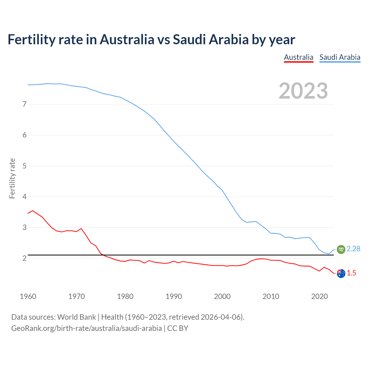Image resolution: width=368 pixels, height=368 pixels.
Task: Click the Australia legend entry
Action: (298, 57)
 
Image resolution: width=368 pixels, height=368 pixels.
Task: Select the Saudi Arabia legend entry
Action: (340, 57)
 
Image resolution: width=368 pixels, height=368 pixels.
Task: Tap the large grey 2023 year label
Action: (303, 91)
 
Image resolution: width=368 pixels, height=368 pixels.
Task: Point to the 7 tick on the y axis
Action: (24, 104)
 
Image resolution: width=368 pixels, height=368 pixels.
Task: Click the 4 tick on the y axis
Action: (24, 197)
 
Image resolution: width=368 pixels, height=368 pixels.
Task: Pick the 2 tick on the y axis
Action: (24, 258)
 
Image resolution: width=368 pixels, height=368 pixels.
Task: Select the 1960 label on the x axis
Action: (28, 296)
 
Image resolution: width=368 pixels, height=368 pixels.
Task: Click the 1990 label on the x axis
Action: (174, 296)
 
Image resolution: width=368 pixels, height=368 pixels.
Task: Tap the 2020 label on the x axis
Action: (319, 296)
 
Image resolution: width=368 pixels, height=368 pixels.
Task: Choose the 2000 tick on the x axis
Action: (222, 296)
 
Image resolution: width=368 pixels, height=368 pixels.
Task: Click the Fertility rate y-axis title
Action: (12, 178)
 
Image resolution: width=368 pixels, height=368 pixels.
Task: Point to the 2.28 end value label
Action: (353, 249)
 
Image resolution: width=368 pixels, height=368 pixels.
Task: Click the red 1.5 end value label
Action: (351, 273)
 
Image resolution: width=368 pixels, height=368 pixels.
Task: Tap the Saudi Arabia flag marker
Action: (341, 249)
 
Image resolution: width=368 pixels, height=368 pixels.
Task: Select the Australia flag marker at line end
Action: (341, 274)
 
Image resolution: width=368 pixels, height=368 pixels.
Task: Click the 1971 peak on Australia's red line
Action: (81, 229)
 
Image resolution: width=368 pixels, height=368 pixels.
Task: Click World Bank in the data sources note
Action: (76, 317)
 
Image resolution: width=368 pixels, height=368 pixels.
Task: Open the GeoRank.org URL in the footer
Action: (86, 328)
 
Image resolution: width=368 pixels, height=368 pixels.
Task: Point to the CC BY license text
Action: (178, 328)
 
